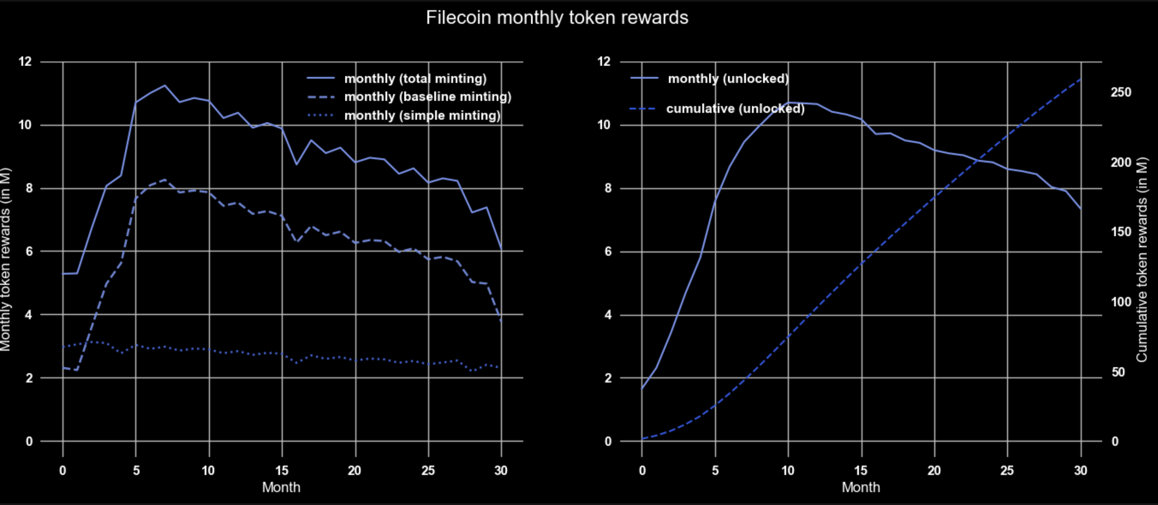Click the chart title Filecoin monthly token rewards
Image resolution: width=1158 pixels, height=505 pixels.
coord(557,18)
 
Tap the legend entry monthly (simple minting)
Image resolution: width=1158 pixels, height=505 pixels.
coord(422,115)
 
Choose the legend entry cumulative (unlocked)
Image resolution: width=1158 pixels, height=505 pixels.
coord(735,109)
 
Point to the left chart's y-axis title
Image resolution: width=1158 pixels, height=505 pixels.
coord(5,259)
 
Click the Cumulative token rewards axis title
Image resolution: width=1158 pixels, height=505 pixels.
coord(1142,259)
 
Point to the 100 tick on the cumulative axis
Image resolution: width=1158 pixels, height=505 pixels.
coord(1121,302)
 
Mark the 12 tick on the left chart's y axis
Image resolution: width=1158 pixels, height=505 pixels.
coord(26,61)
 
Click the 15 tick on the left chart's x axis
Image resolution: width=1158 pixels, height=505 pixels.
coord(282,471)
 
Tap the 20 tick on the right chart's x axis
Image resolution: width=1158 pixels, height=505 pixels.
coord(934,471)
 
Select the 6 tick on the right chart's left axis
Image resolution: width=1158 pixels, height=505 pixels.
coord(608,251)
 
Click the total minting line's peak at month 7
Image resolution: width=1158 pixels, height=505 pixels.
coord(164,85)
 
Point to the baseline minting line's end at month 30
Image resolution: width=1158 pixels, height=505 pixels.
coord(501,320)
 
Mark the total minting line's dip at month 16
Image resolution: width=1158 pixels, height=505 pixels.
coord(297,164)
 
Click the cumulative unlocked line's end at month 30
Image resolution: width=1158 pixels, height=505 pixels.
coord(1081,79)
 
